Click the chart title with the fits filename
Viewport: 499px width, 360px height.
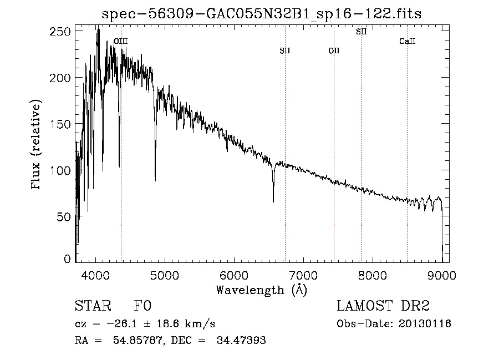click(262, 14)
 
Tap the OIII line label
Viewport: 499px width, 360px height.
click(120, 41)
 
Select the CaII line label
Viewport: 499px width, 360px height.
click(408, 42)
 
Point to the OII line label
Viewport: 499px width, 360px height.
click(334, 51)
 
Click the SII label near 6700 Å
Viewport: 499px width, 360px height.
click(285, 51)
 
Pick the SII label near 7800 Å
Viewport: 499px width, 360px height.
click(361, 32)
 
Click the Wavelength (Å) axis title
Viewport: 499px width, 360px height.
click(261, 290)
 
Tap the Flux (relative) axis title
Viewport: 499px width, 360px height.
click(37, 145)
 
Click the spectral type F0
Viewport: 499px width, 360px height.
click(143, 306)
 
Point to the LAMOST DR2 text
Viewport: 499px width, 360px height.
click(383, 306)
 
